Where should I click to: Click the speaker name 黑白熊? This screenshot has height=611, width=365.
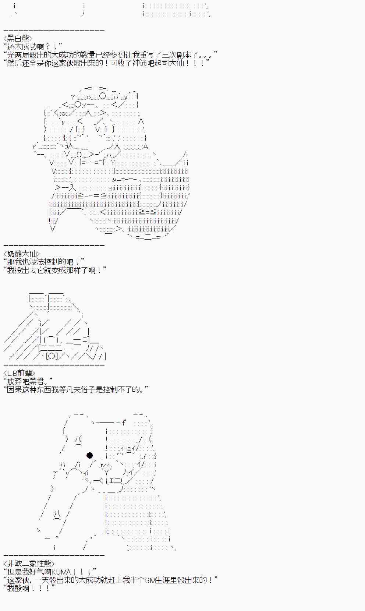coord(18,38)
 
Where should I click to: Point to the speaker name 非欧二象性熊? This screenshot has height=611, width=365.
coord(29,563)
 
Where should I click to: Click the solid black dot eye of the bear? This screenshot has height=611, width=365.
coord(89,455)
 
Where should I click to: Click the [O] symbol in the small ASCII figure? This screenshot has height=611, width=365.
coord(52,356)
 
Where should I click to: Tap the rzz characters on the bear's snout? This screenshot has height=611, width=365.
coord(105,465)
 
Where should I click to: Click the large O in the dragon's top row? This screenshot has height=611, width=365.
coord(103,96)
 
